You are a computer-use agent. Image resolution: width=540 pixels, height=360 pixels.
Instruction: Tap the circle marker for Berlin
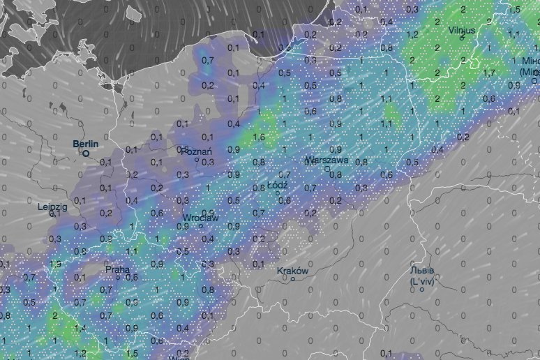[x=87, y=153]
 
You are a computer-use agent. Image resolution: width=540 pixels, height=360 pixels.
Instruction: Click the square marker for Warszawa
[x=327, y=168]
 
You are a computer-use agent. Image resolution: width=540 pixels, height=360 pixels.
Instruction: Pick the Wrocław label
[x=201, y=218]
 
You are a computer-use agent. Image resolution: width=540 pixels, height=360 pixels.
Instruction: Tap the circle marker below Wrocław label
[x=200, y=226]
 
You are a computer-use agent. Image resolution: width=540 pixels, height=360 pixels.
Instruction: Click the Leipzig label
[x=52, y=207]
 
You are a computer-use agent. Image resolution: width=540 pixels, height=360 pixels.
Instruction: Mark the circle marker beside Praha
[x=118, y=277]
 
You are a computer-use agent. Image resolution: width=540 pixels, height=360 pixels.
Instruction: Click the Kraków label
[x=292, y=271]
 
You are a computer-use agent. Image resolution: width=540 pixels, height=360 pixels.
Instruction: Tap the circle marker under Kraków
[x=293, y=279]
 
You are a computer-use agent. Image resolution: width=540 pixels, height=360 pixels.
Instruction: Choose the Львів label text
[x=422, y=271]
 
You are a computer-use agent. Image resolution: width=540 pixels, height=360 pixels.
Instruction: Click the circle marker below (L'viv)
[x=421, y=289]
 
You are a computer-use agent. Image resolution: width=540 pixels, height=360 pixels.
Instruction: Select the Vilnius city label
[x=462, y=30]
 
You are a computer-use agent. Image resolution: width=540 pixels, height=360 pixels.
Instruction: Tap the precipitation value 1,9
[x=55, y=264]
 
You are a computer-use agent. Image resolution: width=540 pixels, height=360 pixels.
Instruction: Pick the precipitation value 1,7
[x=489, y=72]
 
